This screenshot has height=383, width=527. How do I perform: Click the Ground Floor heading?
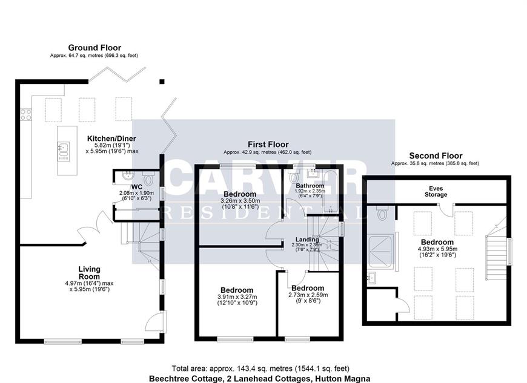94,48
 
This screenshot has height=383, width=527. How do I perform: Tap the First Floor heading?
267,144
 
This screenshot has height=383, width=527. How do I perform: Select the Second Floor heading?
435,155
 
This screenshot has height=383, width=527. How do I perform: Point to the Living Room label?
89,273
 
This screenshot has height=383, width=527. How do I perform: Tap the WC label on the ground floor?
137,186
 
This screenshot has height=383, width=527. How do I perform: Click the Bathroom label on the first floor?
310,185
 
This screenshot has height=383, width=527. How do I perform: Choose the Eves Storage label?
436,191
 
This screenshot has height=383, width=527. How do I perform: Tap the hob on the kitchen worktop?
26,114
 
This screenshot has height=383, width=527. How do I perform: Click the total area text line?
260,368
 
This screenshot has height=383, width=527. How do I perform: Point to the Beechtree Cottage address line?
260,378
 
